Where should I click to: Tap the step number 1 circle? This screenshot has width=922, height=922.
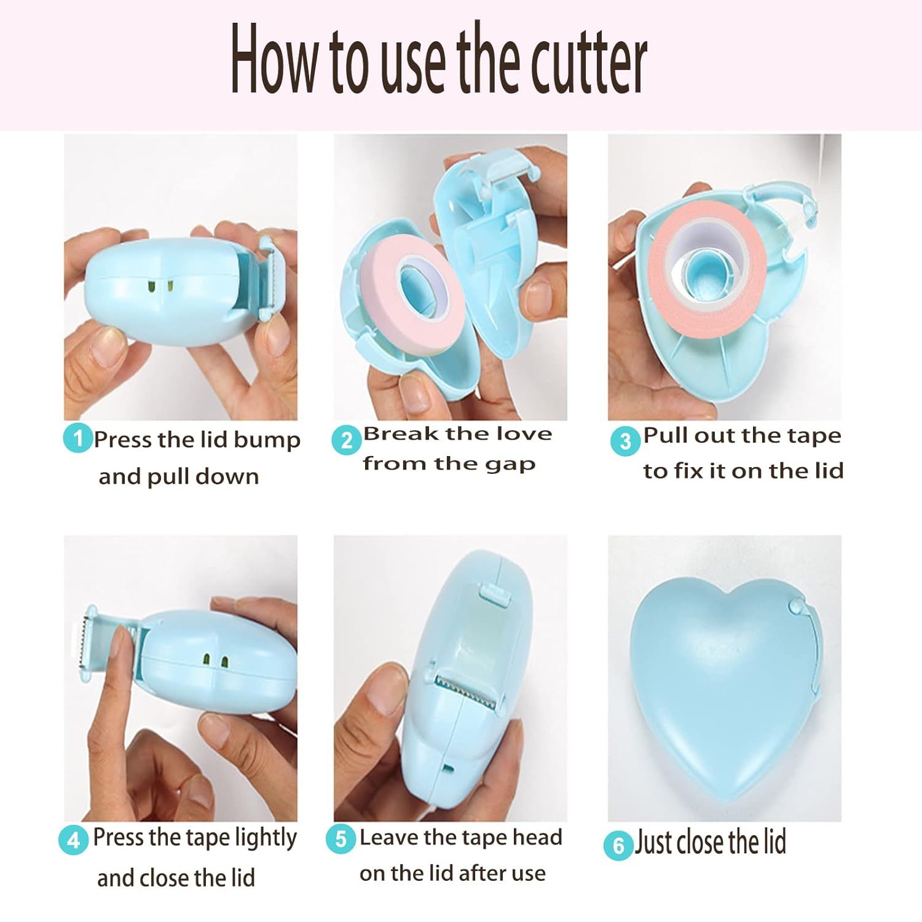coord(78,439)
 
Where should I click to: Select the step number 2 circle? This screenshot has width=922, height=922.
coord(347,440)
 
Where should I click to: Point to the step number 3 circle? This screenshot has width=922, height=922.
coord(625,441)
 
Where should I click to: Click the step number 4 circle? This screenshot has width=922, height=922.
coord(74,840)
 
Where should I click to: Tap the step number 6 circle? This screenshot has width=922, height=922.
coord(618,846)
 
